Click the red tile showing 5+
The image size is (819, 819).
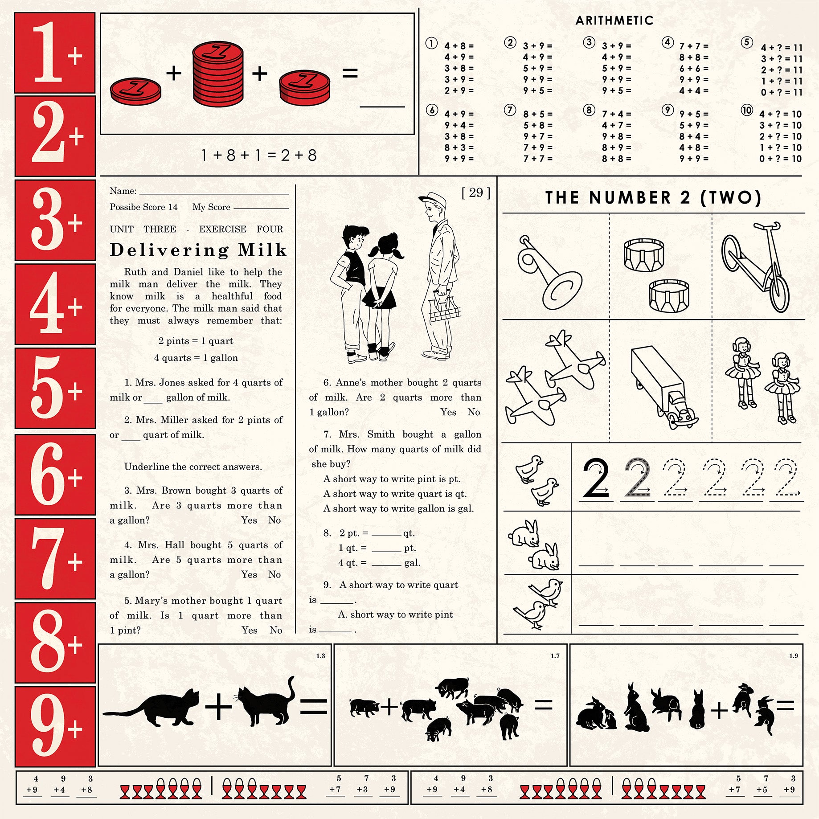[x=55, y=388]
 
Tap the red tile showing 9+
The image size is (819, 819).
[x=55, y=726]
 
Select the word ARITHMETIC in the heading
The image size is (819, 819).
[x=614, y=20]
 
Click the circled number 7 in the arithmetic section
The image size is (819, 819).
[x=510, y=110]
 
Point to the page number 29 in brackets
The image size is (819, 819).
[x=476, y=192]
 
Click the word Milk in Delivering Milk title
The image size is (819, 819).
[x=262, y=250]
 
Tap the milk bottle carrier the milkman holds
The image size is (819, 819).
[x=444, y=310]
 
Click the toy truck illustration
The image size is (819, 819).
[x=663, y=387]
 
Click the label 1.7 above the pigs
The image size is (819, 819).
[x=555, y=656]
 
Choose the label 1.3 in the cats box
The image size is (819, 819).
[x=320, y=656]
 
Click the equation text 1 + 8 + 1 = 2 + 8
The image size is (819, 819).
[x=259, y=156]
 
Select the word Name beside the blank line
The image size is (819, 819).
[x=123, y=191]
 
